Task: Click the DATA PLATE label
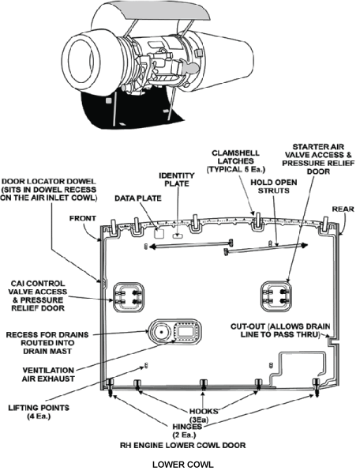pos(138,198)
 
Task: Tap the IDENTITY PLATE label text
pos(177,179)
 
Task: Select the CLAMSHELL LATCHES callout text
pos(236,161)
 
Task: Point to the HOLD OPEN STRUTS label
pos(274,187)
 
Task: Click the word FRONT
pos(83,218)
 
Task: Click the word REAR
pos(343,209)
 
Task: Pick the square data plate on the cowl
pos(159,233)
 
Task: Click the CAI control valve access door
pos(128,297)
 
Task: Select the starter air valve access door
pos(276,296)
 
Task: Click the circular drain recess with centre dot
pos(161,332)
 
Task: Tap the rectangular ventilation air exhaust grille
pos(186,332)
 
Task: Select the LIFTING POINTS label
pos(39,412)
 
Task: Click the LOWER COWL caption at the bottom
pos(183,465)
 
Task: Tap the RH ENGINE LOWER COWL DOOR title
pos(182,445)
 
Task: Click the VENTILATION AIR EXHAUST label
pos(48,375)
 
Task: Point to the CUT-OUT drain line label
pos(280,330)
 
